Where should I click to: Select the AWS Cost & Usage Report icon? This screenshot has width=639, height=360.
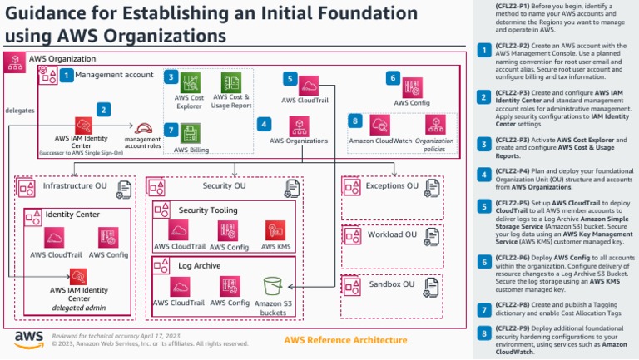pos(230,83)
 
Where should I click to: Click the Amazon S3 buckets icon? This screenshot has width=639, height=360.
pos(274,286)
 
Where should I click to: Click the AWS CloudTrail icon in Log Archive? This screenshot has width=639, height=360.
pos(179,286)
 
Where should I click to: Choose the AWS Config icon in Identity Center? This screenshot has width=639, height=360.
pos(108,237)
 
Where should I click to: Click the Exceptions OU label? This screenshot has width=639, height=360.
pos(392,186)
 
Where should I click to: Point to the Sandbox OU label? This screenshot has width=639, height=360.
pos(391,284)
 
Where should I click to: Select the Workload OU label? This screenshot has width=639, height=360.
pos(391,235)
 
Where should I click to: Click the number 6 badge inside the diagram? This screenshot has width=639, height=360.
pos(392,78)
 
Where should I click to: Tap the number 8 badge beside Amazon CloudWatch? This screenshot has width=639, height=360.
pos(355,121)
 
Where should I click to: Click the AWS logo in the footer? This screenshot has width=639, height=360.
pos(29,338)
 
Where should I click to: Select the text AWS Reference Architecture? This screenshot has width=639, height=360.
pos(339,340)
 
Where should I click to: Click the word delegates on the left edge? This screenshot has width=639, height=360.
pos(19,110)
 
